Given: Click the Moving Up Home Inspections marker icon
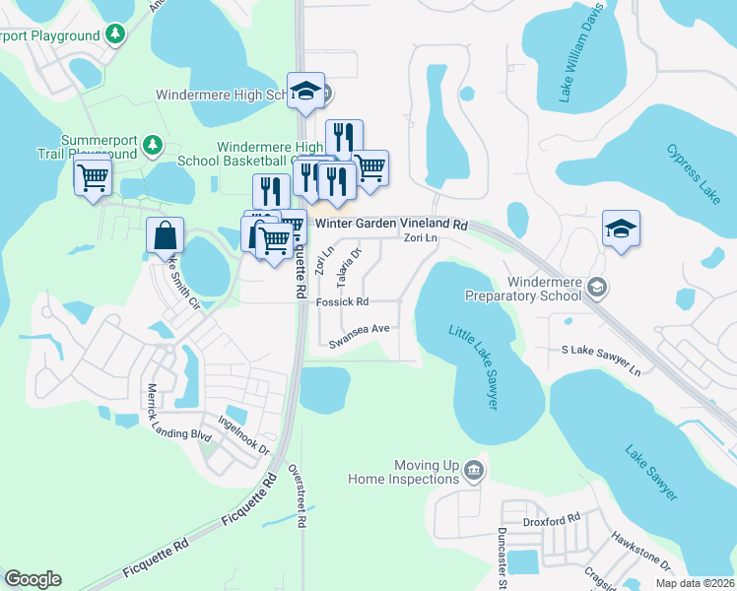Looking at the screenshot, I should tap(475, 471).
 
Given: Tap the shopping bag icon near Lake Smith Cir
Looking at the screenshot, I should tap(166, 235).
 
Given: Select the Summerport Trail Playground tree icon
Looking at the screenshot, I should tap(152, 146).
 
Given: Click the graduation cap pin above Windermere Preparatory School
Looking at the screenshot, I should tap(621, 230).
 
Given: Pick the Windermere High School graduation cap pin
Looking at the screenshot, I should tap(306, 92).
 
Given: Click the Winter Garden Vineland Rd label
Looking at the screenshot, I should tap(391, 225).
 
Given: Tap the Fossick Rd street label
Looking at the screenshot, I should tap(342, 302).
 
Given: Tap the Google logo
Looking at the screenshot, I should tap(33, 579).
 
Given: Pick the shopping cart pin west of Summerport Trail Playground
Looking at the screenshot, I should tap(93, 178).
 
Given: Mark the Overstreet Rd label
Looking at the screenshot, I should tap(294, 497).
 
